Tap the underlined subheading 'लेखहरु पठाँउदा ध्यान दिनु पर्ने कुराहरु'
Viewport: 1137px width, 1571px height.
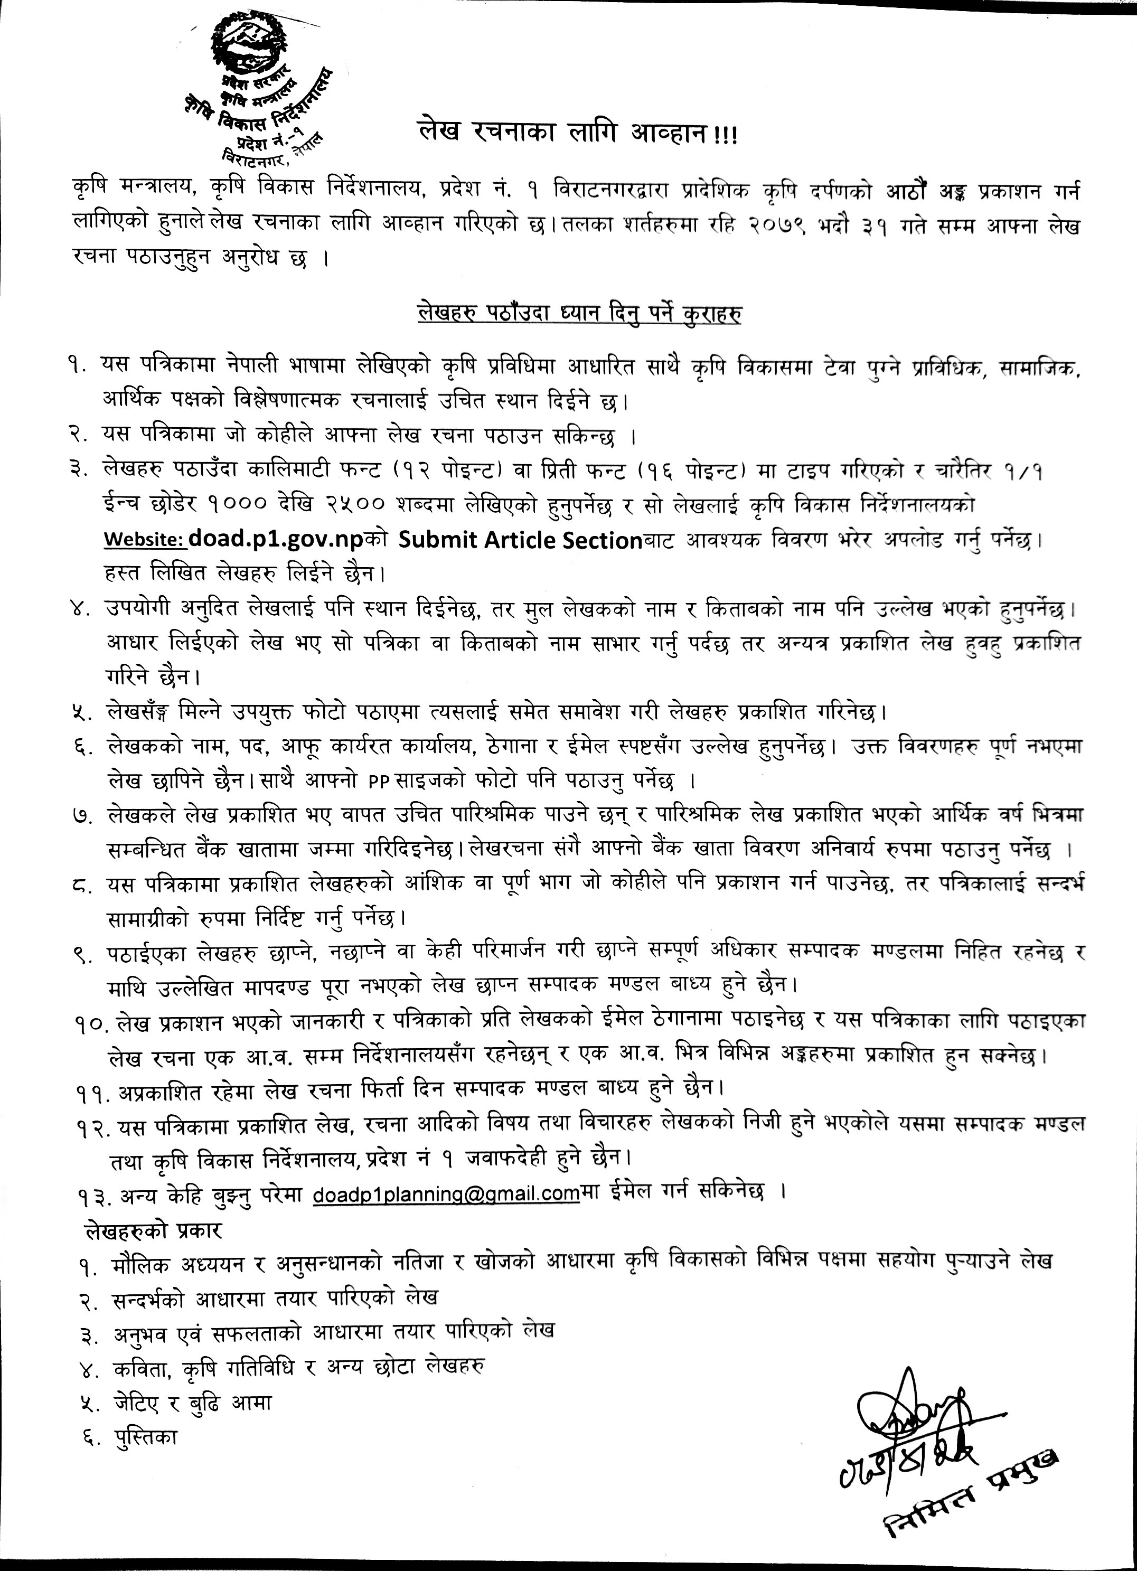[x=580, y=313]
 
